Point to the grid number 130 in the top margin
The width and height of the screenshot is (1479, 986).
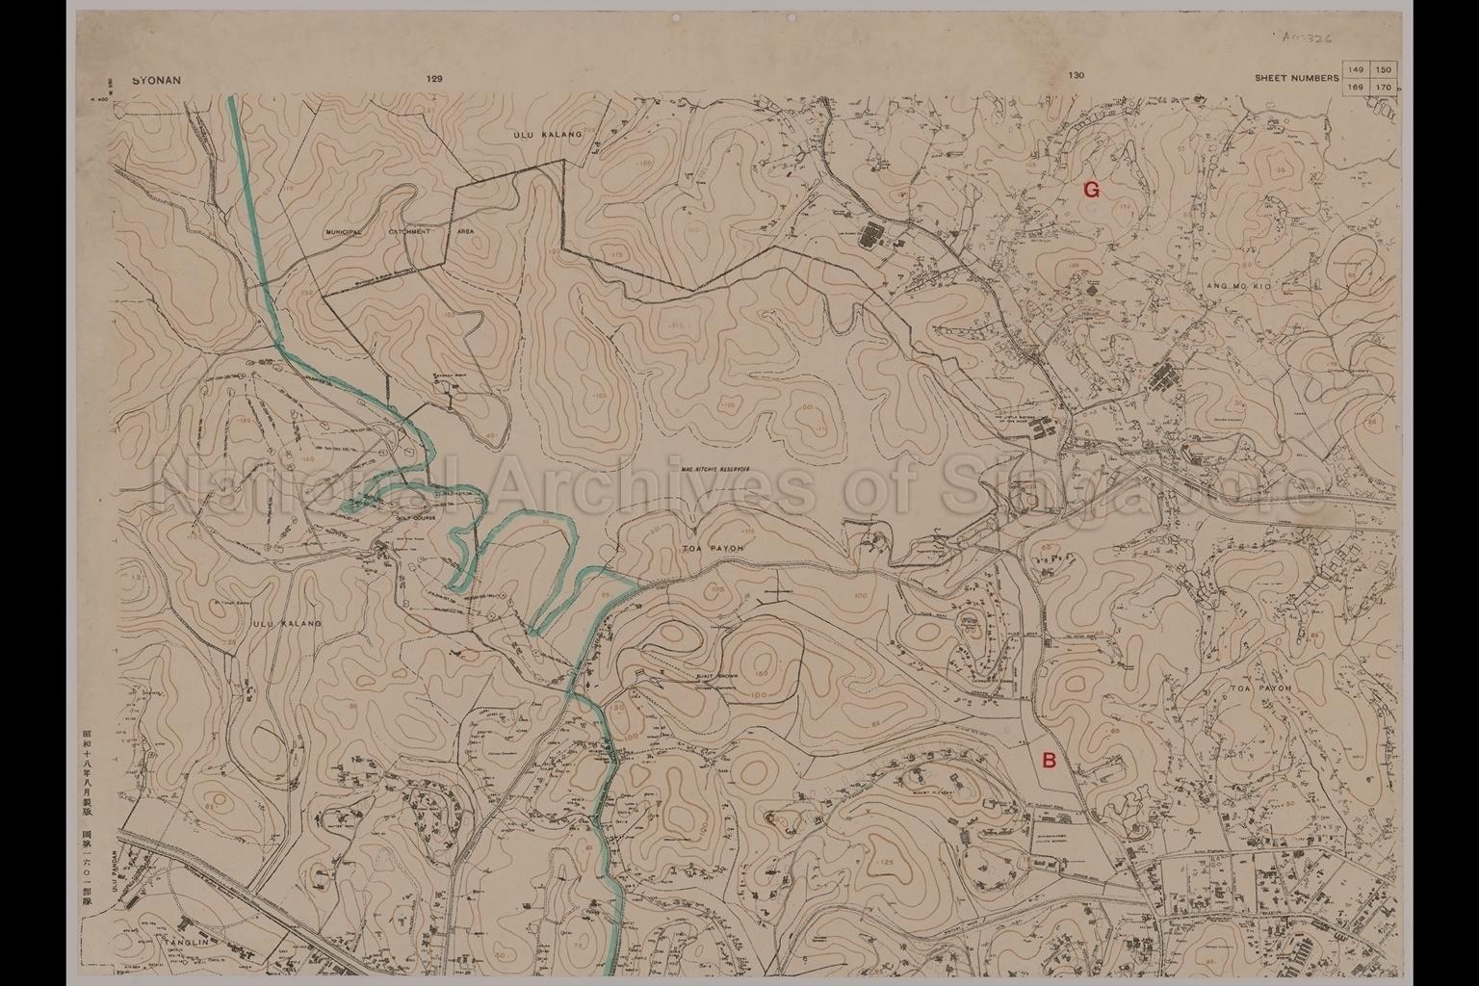pos(1076,76)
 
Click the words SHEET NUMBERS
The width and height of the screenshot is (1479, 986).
pos(1296,78)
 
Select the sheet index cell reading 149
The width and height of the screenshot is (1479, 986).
pos(1357,70)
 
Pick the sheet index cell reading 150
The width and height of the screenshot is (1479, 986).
pos(1383,70)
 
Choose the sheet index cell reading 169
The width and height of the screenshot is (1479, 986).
pos(1357,87)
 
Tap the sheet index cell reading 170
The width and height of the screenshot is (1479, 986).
pos(1383,87)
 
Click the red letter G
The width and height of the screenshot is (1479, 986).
pos(1091,190)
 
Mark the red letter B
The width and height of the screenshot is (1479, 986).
pos(1050,761)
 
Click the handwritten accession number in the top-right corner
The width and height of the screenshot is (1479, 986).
pos(1308,36)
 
